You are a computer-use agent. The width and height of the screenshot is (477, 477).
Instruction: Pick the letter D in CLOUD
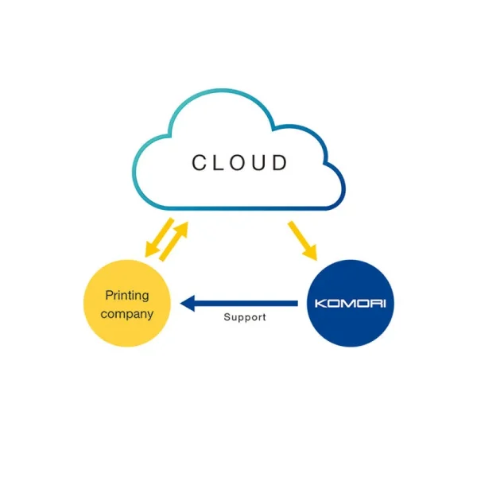tap(280, 163)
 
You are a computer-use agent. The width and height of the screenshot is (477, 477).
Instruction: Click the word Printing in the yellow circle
tap(127, 296)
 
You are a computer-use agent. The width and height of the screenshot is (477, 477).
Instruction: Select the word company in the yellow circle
tap(127, 313)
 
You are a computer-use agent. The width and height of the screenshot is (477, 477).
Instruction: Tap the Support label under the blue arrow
tap(245, 317)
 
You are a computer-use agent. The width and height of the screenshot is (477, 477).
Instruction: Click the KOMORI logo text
tap(350, 304)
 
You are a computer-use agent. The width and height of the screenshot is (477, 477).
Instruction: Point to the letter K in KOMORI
tap(321, 304)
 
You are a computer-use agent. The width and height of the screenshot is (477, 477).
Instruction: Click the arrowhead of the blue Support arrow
tap(187, 303)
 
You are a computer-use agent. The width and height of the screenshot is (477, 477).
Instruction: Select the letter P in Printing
tap(109, 296)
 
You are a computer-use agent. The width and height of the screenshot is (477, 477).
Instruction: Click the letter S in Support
tap(227, 317)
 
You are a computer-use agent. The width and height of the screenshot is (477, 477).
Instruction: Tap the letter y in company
tap(149, 315)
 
